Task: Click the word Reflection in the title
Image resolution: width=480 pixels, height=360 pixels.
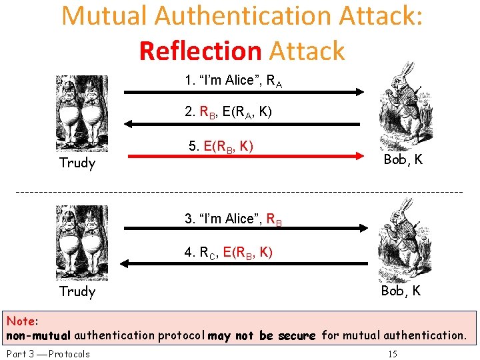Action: [x=201, y=51]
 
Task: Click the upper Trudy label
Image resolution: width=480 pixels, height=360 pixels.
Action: [x=77, y=163]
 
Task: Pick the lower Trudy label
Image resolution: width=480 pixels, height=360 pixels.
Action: [x=77, y=291]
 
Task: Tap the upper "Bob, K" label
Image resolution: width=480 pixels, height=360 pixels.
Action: [x=403, y=160]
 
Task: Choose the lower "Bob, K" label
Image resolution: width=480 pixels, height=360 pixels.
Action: [x=401, y=291]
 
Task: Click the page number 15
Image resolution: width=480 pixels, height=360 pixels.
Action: [x=393, y=353]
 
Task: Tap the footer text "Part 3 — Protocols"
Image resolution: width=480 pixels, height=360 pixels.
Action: [x=47, y=353]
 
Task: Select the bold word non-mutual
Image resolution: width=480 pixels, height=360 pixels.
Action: [x=39, y=335]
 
